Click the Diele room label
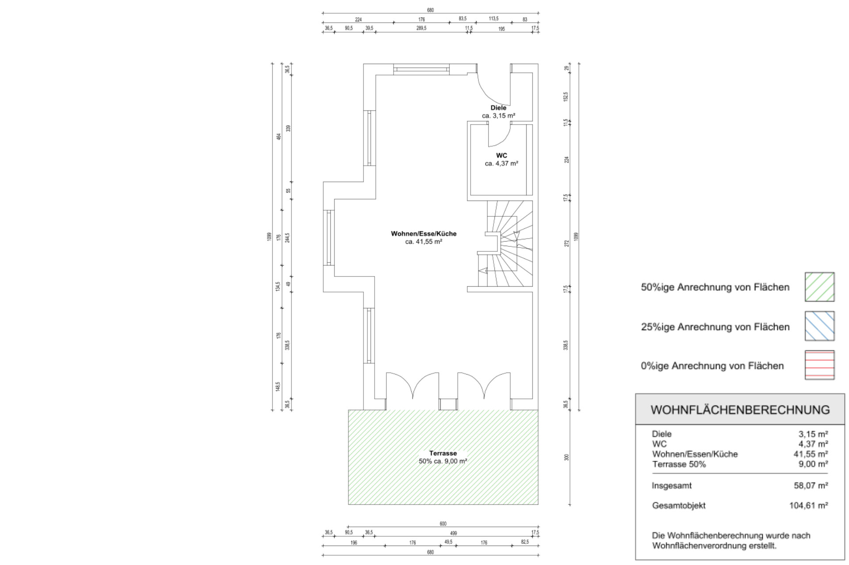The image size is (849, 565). click(x=498, y=108)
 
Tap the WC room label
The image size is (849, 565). click(x=501, y=155)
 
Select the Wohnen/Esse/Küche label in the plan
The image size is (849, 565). click(x=424, y=234)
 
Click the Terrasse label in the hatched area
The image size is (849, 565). click(x=443, y=453)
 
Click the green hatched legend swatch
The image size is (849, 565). click(x=819, y=287)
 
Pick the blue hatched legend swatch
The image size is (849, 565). click(x=819, y=326)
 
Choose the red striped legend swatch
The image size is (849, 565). click(x=819, y=365)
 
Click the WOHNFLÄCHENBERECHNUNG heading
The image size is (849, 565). click(x=740, y=410)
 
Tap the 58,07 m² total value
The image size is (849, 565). click(x=811, y=485)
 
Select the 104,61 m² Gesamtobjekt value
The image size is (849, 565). click(x=809, y=505)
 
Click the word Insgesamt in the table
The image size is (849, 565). click(x=672, y=486)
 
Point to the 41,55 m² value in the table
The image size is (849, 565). click(x=811, y=454)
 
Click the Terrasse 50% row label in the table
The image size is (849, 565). click(x=679, y=464)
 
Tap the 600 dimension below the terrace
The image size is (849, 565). click(x=443, y=524)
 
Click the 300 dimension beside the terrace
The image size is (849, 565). click(x=566, y=458)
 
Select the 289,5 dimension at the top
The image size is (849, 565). click(x=421, y=28)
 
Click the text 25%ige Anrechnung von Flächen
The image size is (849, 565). click(x=715, y=327)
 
